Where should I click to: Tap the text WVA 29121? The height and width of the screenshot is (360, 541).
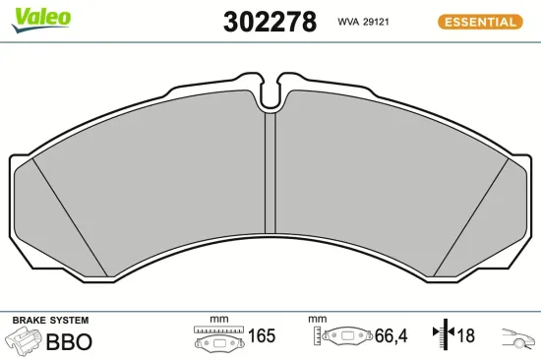tap(364, 22)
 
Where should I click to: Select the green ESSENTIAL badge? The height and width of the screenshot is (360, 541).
tap(481, 22)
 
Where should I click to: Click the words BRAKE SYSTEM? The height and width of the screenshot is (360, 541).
tap(50, 321)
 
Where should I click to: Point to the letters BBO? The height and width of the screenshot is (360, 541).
tap(70, 341)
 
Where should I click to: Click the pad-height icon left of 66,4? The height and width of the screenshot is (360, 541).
tap(338, 337)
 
